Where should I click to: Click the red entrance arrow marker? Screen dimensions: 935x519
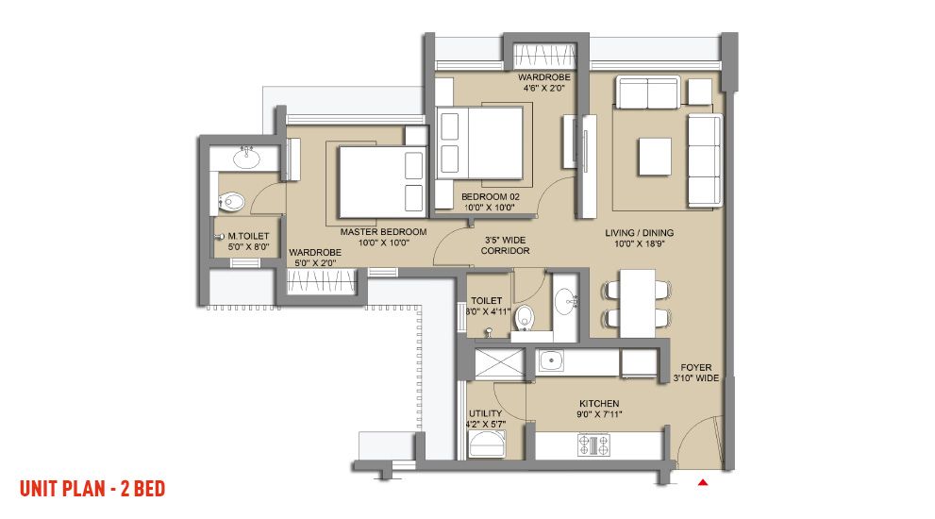click(703, 482)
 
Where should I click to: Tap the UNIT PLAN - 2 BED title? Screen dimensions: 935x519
click(92, 489)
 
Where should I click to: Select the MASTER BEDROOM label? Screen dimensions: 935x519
click(383, 232)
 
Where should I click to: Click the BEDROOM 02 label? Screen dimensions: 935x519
click(491, 197)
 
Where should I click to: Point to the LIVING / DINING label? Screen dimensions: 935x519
click(640, 233)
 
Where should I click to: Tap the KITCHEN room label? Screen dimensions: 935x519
click(599, 403)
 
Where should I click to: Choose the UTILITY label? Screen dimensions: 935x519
click(485, 413)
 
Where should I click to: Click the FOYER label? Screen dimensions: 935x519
click(696, 367)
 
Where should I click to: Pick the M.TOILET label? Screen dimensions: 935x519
click(249, 236)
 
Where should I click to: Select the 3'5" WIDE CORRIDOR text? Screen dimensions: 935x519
click(505, 245)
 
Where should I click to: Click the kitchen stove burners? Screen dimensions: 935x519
click(593, 444)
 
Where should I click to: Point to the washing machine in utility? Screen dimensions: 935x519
click(487, 444)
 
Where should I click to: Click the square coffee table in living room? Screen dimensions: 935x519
click(655, 157)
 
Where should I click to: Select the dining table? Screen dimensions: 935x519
click(637, 304)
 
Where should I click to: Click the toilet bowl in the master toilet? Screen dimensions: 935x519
click(231, 202)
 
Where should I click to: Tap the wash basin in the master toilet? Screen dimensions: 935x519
click(246, 159)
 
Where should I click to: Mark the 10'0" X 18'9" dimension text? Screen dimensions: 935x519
click(640, 243)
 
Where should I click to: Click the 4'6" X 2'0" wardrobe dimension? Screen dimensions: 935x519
click(543, 88)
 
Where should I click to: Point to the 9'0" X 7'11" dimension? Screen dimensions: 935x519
click(599, 414)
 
